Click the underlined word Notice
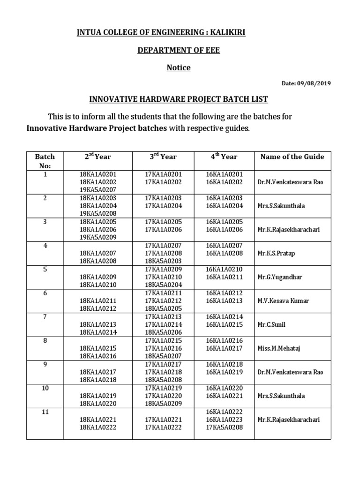179,67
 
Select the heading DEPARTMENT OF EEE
179,50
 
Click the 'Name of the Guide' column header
292,157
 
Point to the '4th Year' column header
224,157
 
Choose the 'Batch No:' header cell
45,161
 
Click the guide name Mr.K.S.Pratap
276,254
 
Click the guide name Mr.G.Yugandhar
280,277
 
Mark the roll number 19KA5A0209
98,237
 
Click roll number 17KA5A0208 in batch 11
225,427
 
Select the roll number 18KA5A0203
163,261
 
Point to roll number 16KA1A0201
225,174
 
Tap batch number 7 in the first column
45,317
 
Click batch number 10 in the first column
45,388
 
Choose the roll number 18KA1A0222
98,427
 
